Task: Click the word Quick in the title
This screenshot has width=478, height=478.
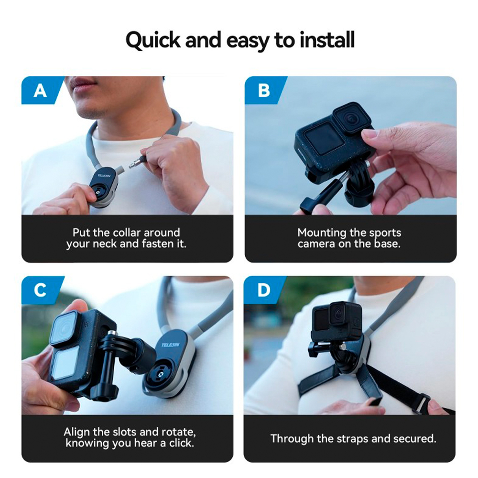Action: pyautogui.click(x=153, y=41)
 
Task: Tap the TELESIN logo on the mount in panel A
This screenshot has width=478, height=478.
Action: pyautogui.click(x=104, y=175)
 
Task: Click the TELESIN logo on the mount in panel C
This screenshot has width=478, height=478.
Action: pyautogui.click(x=171, y=345)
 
